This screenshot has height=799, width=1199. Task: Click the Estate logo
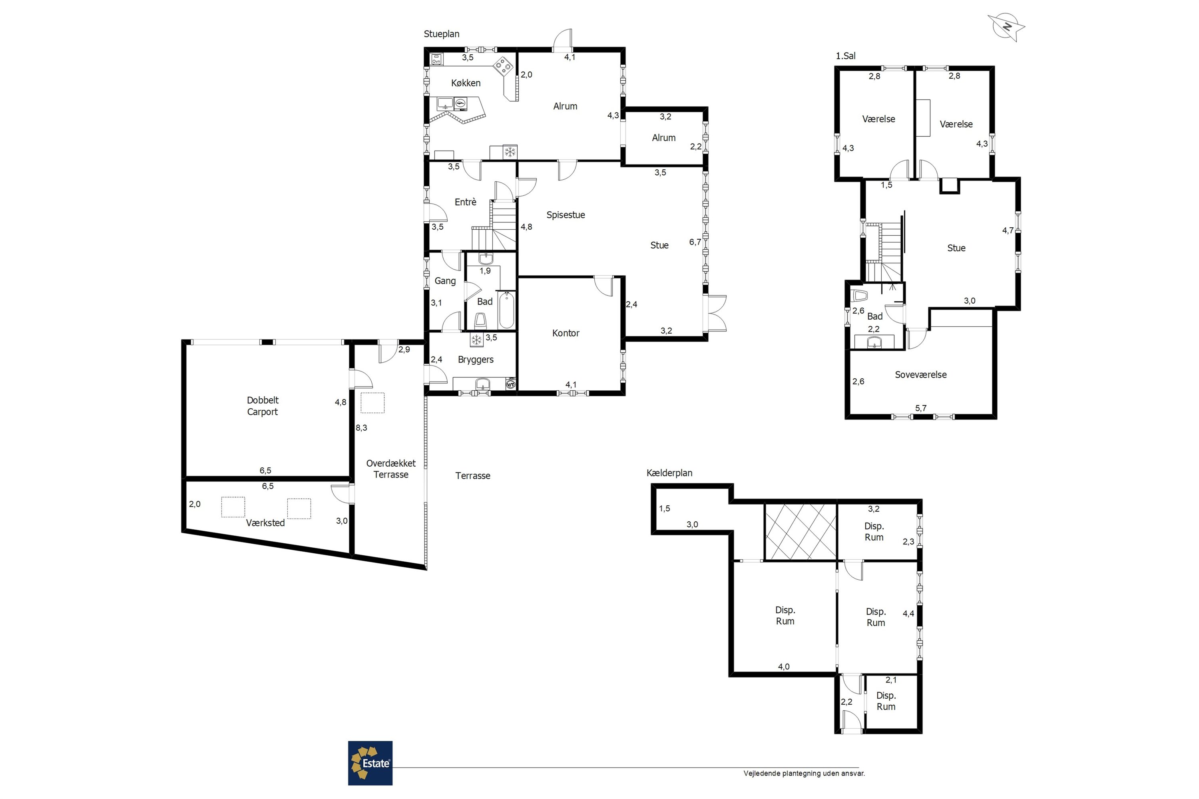[x=370, y=763]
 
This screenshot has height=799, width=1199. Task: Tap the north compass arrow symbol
[x=1006, y=26]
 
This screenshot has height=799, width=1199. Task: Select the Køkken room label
[x=466, y=83]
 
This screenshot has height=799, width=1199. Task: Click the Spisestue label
[x=566, y=215]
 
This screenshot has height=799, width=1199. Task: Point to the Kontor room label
[x=566, y=333]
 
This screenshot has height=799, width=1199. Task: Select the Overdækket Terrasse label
[x=391, y=469]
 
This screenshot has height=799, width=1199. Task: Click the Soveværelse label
[x=921, y=375]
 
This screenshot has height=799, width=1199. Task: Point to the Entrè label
[x=466, y=202]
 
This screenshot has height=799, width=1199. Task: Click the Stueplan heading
[x=442, y=34]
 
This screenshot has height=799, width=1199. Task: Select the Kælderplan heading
[x=669, y=473]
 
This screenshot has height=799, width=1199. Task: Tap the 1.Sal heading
[x=846, y=56]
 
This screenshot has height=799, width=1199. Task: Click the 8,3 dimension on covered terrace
[x=361, y=428]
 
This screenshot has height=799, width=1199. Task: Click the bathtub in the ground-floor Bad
[x=507, y=310]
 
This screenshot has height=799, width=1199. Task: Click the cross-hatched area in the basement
[x=801, y=531]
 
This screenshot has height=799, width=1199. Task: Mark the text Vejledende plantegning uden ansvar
[x=804, y=773]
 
